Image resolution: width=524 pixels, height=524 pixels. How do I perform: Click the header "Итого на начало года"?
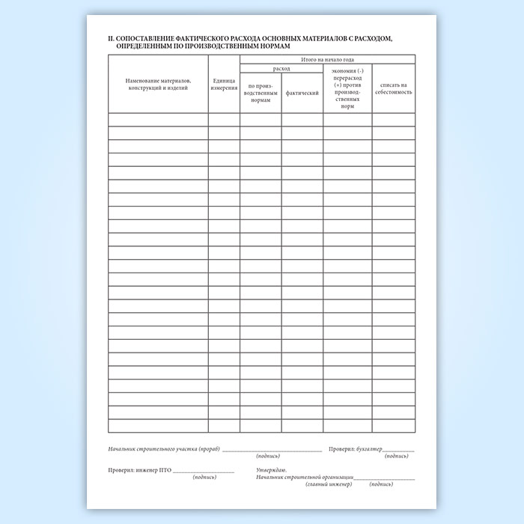coord(327,58)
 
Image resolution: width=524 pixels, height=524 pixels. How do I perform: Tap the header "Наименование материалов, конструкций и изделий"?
coord(158,84)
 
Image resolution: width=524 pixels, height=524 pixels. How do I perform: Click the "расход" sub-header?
coord(281,67)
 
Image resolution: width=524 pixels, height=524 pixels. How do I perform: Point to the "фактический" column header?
coord(302,94)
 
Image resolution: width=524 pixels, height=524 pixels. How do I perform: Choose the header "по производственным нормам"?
coord(261,94)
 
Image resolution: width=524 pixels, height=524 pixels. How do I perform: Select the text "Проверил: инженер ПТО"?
coord(140,471)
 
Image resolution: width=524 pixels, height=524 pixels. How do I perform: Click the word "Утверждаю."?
coord(270,470)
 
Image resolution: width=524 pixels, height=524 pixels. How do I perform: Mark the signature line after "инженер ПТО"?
coord(204,472)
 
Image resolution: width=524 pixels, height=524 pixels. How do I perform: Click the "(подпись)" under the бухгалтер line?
coord(397,456)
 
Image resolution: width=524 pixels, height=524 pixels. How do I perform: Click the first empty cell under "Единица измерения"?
coord(224,119)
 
